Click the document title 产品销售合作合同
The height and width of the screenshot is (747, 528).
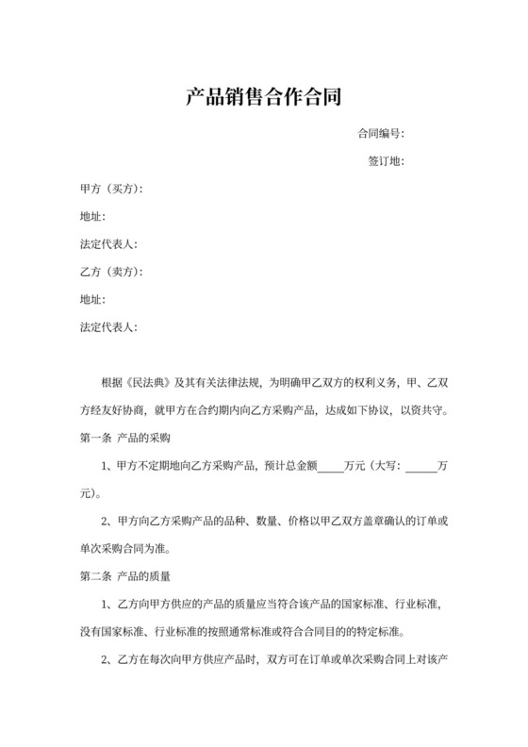263,96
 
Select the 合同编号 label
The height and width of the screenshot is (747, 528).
380,134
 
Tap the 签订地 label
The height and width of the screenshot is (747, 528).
386,161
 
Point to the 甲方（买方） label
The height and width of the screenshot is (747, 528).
111,190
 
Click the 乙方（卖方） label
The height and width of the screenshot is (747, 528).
111,273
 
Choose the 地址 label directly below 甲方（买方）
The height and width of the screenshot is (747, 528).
93,217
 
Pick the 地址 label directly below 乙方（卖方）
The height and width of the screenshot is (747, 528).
93,300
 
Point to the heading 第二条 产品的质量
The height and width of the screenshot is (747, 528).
125,575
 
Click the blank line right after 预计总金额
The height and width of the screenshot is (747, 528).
332,466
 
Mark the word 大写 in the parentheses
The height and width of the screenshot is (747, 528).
386,465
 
